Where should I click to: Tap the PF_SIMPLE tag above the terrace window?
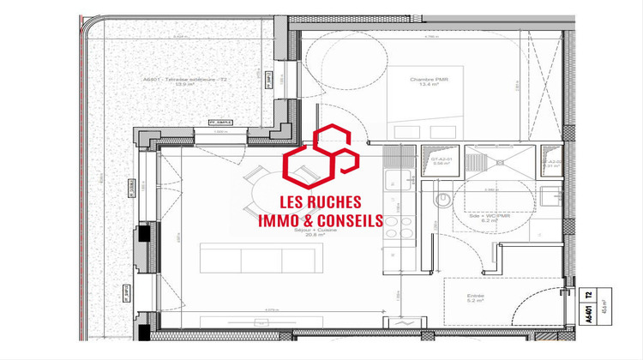point(221,123)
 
